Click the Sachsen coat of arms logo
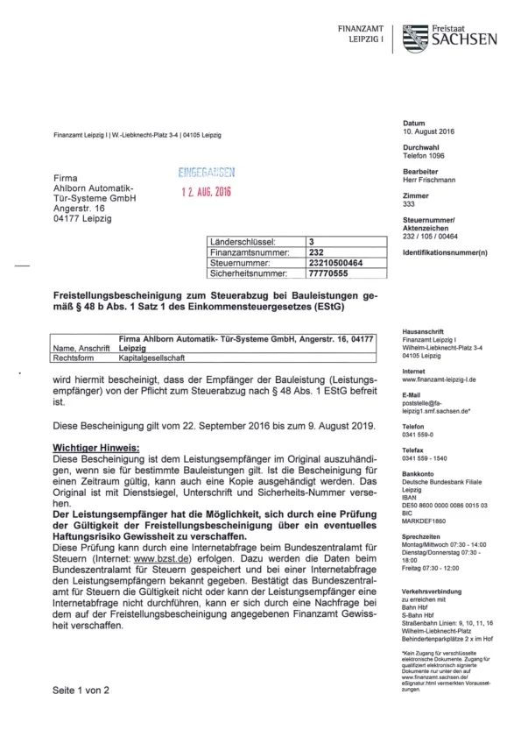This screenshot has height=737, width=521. (415, 36)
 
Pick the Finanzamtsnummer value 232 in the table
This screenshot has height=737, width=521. (316, 251)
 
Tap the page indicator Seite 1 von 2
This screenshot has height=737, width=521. (81, 690)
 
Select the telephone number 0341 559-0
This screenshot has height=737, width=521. (419, 434)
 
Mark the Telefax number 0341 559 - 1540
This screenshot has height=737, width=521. (426, 458)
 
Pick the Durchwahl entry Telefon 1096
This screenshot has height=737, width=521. (425, 155)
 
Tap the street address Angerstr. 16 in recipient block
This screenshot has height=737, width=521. (79, 209)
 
